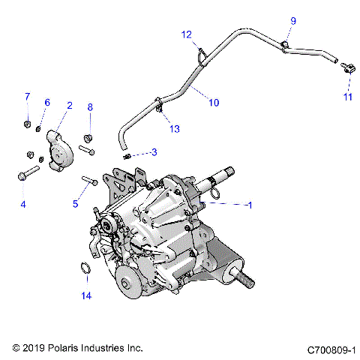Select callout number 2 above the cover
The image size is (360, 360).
pyautogui.click(x=69, y=106)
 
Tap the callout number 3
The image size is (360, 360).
pyautogui.click(x=154, y=153)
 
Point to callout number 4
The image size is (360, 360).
pyautogui.click(x=22, y=204)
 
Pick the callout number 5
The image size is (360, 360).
pyautogui.click(x=75, y=203)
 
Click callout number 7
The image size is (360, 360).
pyautogui.click(x=27, y=97)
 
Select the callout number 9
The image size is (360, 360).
pyautogui.click(x=293, y=20)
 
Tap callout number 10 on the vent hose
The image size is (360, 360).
pyautogui.click(x=214, y=103)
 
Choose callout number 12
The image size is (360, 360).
pyautogui.click(x=187, y=34)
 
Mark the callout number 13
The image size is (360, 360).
pyautogui.click(x=174, y=129)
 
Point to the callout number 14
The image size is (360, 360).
pyautogui.click(x=86, y=296)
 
